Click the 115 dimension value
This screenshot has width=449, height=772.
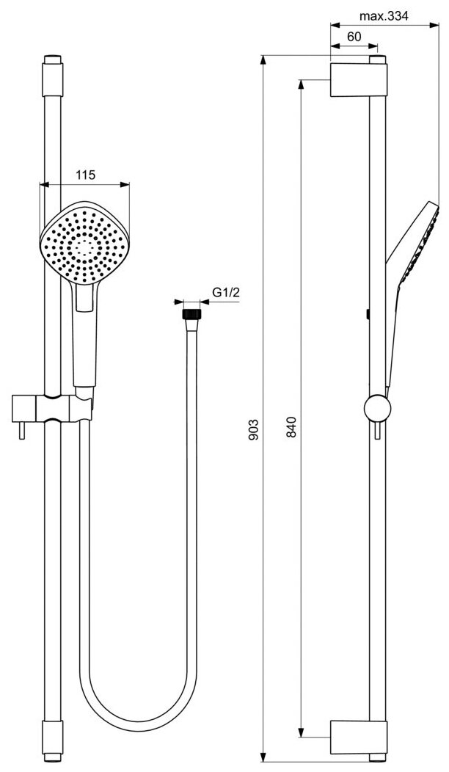pos(86,175)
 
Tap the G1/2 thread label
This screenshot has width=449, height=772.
pos(227,292)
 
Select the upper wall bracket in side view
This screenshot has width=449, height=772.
pos(355,79)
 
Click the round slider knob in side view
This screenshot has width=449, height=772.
pos(376,408)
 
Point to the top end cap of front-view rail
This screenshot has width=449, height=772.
pos(52,62)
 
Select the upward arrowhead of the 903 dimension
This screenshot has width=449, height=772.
pos(264,59)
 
